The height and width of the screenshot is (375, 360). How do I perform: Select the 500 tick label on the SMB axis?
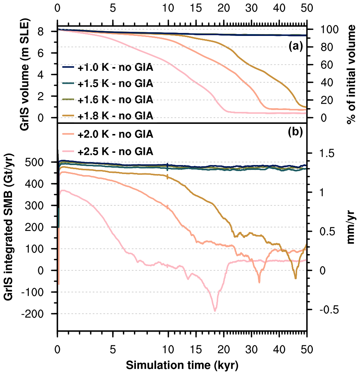43,162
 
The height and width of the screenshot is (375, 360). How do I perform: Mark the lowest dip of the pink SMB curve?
215,311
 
